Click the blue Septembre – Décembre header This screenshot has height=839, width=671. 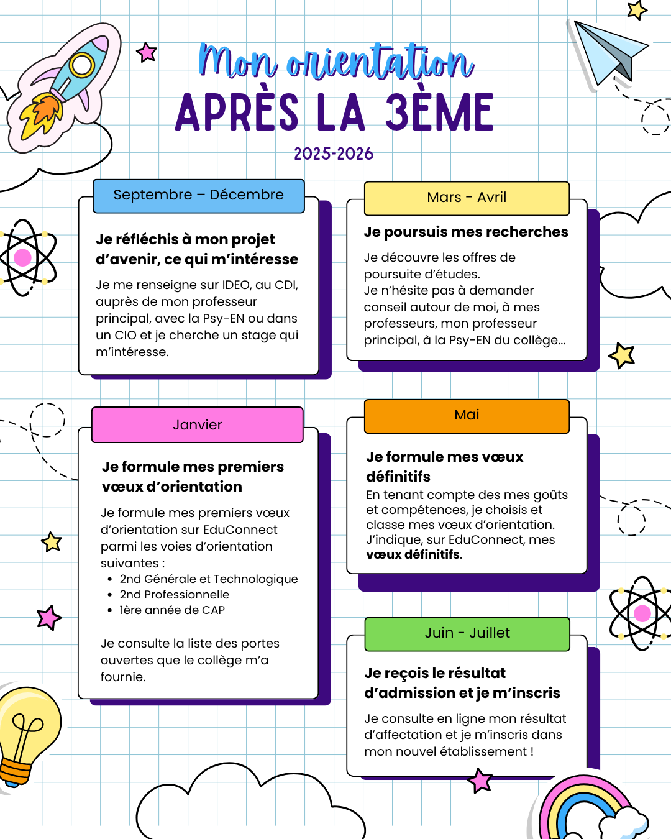pyautogui.click(x=198, y=195)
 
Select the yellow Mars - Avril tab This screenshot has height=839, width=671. pyautogui.click(x=467, y=198)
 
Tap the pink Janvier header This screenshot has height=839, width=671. pyautogui.click(x=197, y=425)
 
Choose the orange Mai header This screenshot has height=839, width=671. pyautogui.click(x=467, y=415)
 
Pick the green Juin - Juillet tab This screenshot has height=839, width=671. pyautogui.click(x=467, y=633)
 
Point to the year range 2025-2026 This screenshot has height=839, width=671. pyautogui.click(x=334, y=154)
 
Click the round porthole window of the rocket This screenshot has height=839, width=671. pyautogui.click(x=81, y=65)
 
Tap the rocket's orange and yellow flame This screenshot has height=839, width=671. pyautogui.click(x=41, y=114)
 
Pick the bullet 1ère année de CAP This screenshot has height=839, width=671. pyautogui.click(x=172, y=610)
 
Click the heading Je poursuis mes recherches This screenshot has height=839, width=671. pyautogui.click(x=466, y=232)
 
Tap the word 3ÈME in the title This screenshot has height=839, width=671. pyautogui.click(x=439, y=113)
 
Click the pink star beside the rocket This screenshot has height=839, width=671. pyautogui.click(x=147, y=52)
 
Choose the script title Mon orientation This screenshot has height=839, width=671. pyautogui.click(x=335, y=62)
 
